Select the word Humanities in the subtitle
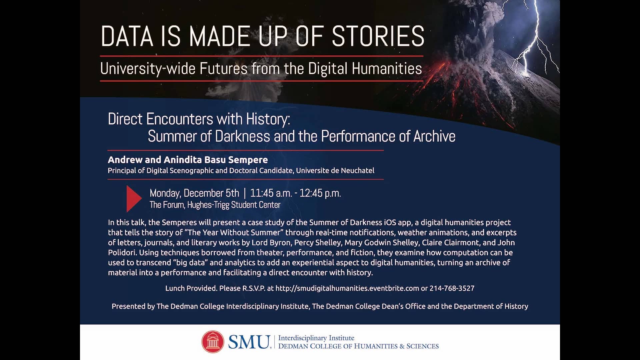387,69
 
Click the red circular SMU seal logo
213,342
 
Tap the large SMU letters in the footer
249,342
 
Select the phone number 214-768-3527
452,288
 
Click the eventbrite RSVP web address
347,288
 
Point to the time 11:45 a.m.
271,193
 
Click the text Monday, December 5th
194,193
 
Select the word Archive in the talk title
434,136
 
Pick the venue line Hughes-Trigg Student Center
234,205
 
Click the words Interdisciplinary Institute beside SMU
316,338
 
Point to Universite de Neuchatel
335,171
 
